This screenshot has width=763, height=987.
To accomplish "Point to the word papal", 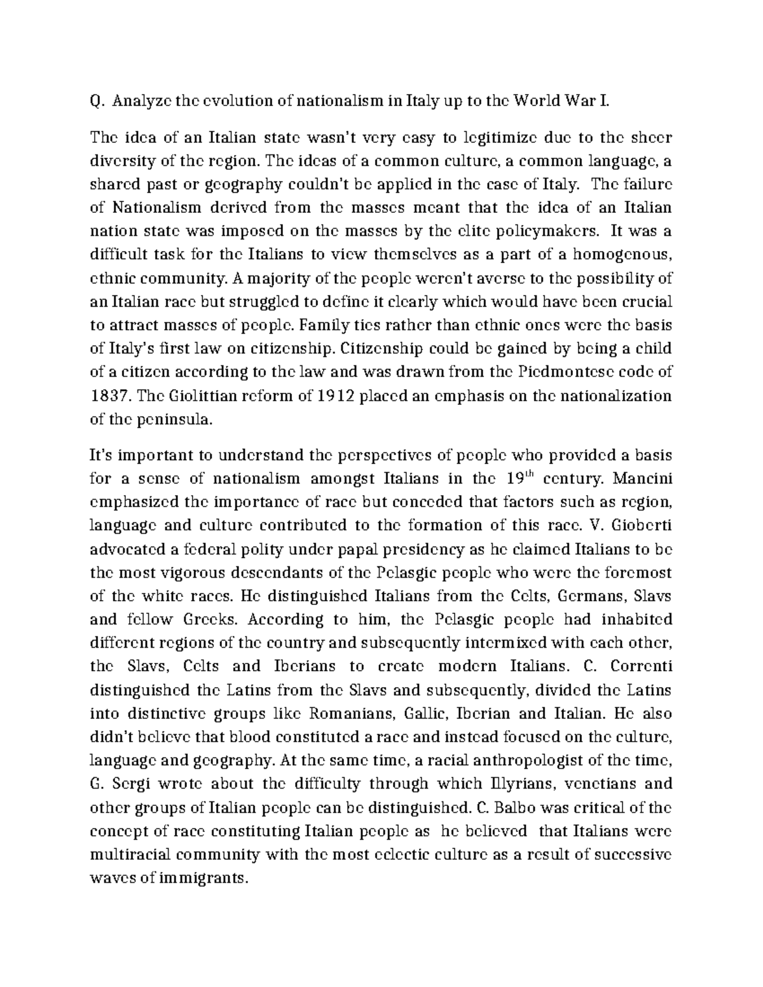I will click(371, 549).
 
